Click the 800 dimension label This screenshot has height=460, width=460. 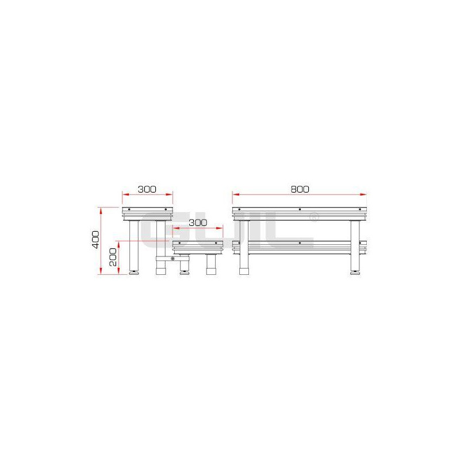click(300, 189)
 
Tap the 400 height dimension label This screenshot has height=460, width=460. click(96, 240)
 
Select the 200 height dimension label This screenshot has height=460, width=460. click(113, 257)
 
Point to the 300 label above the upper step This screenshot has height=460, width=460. click(147, 189)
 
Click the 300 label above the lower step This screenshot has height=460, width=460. click(198, 223)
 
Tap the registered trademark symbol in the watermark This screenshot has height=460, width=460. click(314, 217)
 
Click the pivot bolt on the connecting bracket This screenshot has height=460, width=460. click(173, 258)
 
